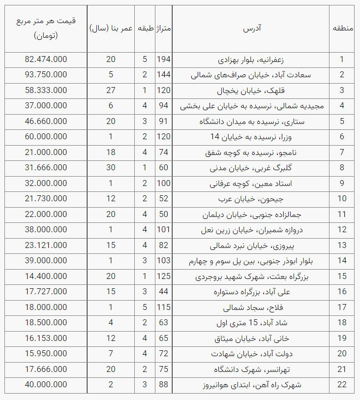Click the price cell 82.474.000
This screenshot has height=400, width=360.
pyautogui.click(x=46, y=60)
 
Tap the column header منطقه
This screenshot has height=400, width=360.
pyautogui.click(x=343, y=29)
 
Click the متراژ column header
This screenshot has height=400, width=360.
pyautogui.click(x=163, y=29)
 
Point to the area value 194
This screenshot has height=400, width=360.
pyautogui.click(x=163, y=60)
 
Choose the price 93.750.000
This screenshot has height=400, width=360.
pyautogui.click(x=46, y=75)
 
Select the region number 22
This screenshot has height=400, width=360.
pyautogui.click(x=342, y=385)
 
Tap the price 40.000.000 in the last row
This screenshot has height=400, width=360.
pyautogui.click(x=46, y=385)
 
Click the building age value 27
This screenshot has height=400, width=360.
pyautogui.click(x=111, y=91)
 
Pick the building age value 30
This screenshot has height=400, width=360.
pyautogui.click(x=111, y=168)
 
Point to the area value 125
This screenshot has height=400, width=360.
pyautogui.click(x=163, y=277)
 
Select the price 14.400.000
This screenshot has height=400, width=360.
pyautogui.click(x=46, y=277)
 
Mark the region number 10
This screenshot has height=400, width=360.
pyautogui.click(x=342, y=199)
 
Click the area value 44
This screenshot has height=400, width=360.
pyautogui.click(x=163, y=292)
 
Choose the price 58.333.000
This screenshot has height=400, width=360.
pyautogui.click(x=46, y=91)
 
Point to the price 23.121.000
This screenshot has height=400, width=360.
pyautogui.click(x=46, y=245)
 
